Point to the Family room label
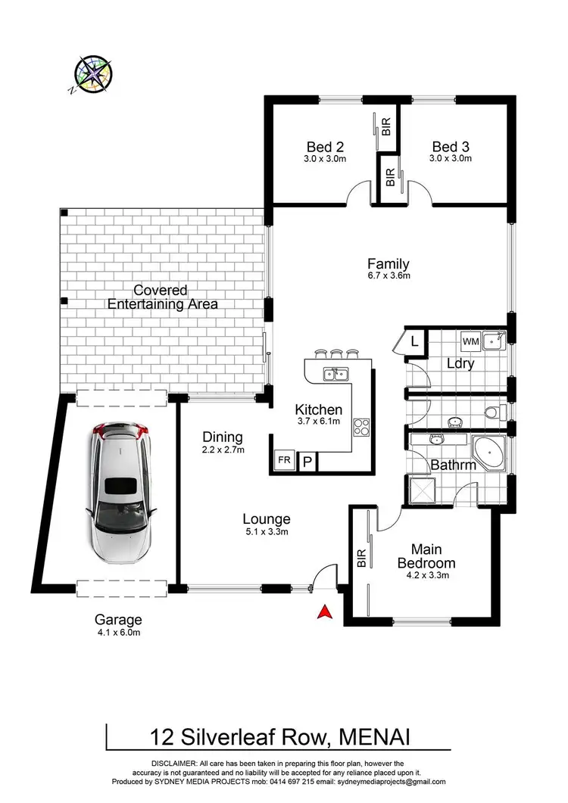click(389, 264)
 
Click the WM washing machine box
click(470, 342)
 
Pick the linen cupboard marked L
click(414, 342)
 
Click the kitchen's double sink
click(335, 373)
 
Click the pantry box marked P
click(308, 461)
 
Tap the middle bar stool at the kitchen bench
click(335, 353)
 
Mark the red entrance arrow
click(324, 612)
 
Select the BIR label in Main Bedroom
click(360, 559)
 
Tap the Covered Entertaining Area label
click(163, 297)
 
